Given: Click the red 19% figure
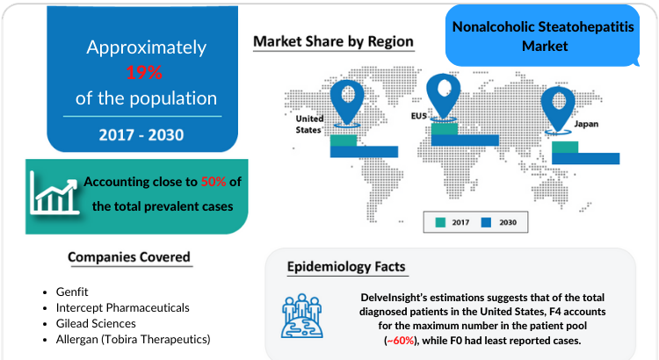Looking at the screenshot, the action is (x=144, y=72).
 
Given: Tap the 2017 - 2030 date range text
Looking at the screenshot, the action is (x=141, y=135).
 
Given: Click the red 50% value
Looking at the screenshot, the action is (x=214, y=182).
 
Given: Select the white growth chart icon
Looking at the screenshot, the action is (x=54, y=193).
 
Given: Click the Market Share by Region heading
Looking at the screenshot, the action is (x=333, y=41).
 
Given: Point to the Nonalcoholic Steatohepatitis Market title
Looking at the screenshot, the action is (x=543, y=36).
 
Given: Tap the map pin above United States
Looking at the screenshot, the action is (x=347, y=103).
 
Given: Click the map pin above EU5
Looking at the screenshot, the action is (x=443, y=97).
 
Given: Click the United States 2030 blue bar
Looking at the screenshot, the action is (x=364, y=152).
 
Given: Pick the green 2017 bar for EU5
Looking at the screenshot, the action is (x=445, y=128).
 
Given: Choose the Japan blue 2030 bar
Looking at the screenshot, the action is (x=585, y=158).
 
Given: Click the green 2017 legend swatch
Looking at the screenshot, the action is (x=440, y=222).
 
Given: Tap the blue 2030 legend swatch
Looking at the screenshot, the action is (x=486, y=222).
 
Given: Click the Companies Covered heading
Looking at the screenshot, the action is (x=129, y=257).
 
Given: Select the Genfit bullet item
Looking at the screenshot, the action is (x=72, y=292).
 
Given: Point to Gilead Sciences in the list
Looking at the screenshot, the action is (x=96, y=323).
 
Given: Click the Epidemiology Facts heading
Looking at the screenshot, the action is (x=346, y=267).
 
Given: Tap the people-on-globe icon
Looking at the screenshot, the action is (x=302, y=316).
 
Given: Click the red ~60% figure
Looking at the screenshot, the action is (x=401, y=341).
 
